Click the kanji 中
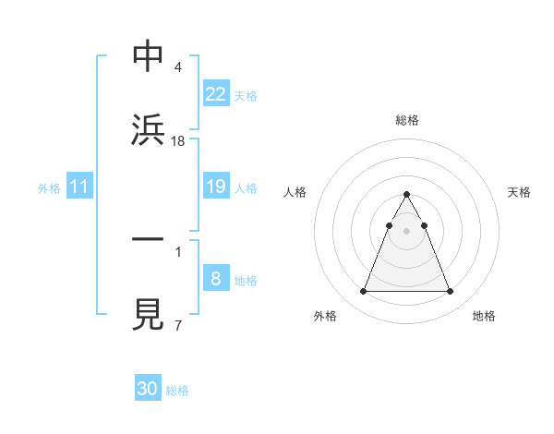(148, 56)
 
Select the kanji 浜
(148, 129)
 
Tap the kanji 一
(148, 238)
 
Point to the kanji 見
(148, 313)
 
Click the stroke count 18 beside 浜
(178, 140)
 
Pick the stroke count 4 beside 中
(177, 67)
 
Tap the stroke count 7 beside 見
(177, 324)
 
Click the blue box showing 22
(216, 94)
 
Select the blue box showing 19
(216, 187)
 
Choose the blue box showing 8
(216, 279)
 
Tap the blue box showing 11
(79, 187)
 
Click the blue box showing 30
(148, 389)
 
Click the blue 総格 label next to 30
(178, 391)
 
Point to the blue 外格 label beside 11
(49, 188)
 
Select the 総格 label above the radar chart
(407, 120)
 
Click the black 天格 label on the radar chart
(519, 192)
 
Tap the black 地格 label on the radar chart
(484, 316)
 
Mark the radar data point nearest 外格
(363, 292)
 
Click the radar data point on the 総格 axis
(406, 194)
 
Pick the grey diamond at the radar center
(406, 229)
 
